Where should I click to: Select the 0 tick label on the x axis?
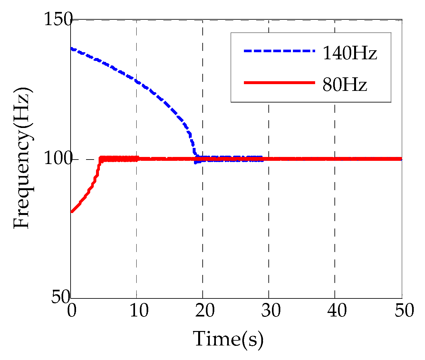click(x=71, y=311)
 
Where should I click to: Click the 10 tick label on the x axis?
click(x=137, y=311)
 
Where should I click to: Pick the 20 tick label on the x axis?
click(x=203, y=311)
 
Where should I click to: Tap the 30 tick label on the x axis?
click(x=269, y=311)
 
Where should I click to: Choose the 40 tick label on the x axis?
click(x=335, y=311)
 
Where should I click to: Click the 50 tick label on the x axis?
click(x=401, y=311)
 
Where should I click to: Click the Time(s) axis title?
click(x=228, y=339)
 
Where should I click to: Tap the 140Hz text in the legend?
click(x=350, y=53)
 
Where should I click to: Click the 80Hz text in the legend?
click(x=344, y=85)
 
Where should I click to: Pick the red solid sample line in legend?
click(x=279, y=83)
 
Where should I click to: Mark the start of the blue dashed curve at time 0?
click(x=72, y=49)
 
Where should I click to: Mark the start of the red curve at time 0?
click(x=72, y=212)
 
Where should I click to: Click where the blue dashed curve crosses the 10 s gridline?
click(x=137, y=81)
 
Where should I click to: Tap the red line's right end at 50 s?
click(x=401, y=159)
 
